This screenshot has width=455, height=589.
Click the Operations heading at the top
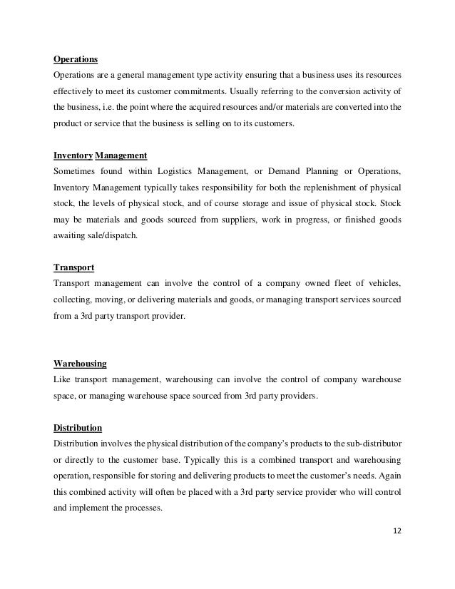click(x=76, y=59)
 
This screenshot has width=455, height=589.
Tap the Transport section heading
click(x=74, y=268)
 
